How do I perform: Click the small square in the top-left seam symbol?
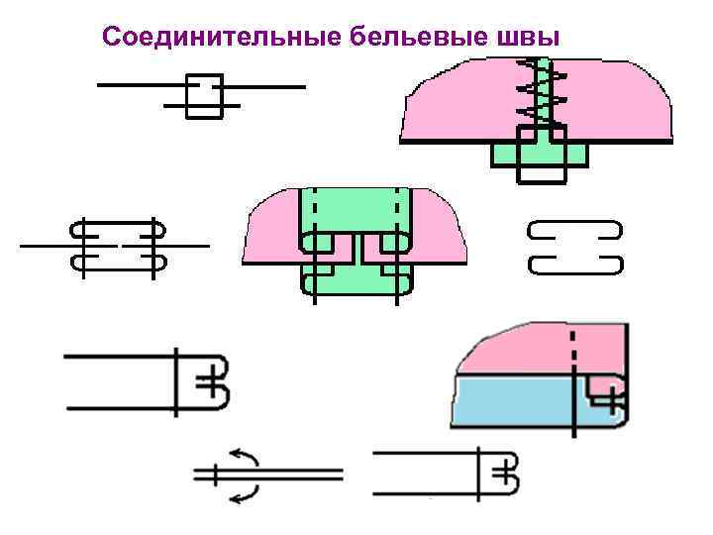tap(203, 95)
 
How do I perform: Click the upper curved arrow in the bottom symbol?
tap(246, 459)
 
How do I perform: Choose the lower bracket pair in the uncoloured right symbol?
tap(574, 265)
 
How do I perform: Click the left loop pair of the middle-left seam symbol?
tap(83, 245)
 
